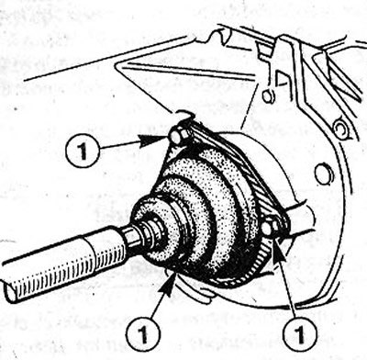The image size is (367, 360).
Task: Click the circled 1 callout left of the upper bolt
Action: (x=82, y=151)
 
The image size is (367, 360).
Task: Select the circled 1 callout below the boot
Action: (x=143, y=333)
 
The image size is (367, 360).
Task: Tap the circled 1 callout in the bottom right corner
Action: (x=299, y=333)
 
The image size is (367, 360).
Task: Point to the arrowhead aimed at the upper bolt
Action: (x=153, y=141)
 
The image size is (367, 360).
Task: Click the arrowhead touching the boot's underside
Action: (x=171, y=283)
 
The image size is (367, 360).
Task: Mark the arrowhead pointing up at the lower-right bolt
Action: (x=280, y=251)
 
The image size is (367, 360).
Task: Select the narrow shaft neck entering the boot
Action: (x=136, y=236)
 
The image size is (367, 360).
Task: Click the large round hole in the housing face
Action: (x=322, y=174)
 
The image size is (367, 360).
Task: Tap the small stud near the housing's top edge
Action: (x=267, y=96)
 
